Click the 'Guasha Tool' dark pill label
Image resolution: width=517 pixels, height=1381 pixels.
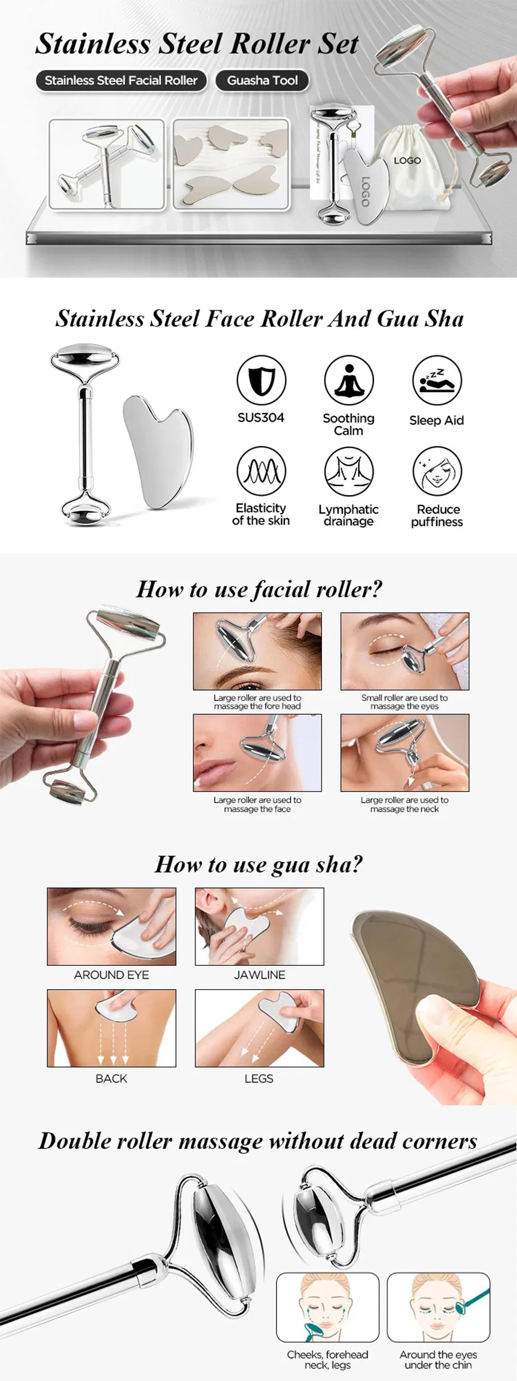point(262,81)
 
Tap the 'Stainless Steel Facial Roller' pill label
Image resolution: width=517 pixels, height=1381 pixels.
point(121,81)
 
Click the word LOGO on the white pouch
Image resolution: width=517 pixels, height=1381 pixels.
point(407,160)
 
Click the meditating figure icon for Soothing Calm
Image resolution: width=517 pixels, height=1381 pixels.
point(348,380)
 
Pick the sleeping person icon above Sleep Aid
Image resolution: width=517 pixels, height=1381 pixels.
point(436,380)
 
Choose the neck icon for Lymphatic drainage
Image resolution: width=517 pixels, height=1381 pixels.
point(348,471)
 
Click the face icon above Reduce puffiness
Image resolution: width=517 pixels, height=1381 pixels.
point(436,471)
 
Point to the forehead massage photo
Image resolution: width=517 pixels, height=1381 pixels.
point(257,651)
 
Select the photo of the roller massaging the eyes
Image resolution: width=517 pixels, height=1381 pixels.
point(405,651)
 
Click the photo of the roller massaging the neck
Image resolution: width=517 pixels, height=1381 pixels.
point(405,753)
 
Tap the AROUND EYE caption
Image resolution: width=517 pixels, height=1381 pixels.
point(112,975)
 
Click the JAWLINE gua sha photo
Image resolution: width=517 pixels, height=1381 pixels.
point(260,927)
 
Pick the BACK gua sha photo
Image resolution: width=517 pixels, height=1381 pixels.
point(112,1028)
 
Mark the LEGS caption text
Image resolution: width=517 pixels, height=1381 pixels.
point(259,1078)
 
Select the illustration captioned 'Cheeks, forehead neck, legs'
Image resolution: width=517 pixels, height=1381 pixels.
point(327,1307)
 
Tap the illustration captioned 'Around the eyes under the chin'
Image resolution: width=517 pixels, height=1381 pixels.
point(438,1307)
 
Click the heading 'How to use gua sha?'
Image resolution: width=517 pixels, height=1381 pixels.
point(258,864)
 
